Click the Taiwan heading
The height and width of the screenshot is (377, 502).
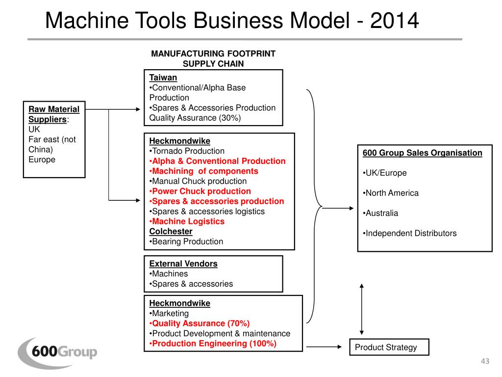coord(163,78)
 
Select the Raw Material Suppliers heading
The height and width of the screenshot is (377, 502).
coord(54,114)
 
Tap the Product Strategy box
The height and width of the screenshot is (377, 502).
coord(389,347)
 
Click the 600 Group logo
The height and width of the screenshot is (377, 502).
coord(58,352)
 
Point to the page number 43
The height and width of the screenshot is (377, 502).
coord(485,361)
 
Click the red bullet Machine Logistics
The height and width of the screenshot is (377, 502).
coord(187,221)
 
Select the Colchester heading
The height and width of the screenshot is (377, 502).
coord(171,232)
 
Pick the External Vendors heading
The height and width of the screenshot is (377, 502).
coord(183,264)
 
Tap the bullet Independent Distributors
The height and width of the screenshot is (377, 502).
coord(410,233)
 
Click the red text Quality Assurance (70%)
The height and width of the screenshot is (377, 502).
coord(200,323)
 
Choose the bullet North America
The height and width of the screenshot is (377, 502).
coord(391,193)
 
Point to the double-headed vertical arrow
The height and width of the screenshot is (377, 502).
coord(361,309)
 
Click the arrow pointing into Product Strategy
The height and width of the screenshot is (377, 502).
coord(324,347)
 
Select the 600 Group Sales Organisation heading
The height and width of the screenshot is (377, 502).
coord(422,153)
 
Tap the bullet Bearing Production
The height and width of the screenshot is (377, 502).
coord(186,242)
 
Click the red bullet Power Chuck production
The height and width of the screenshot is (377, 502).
coord(200,191)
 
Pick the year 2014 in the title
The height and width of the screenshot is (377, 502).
coord(395,21)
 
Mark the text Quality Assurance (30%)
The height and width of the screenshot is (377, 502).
coord(195,118)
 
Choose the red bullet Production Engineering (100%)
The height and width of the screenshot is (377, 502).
coord(213,344)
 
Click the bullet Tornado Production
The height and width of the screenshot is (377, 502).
coord(187,151)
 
